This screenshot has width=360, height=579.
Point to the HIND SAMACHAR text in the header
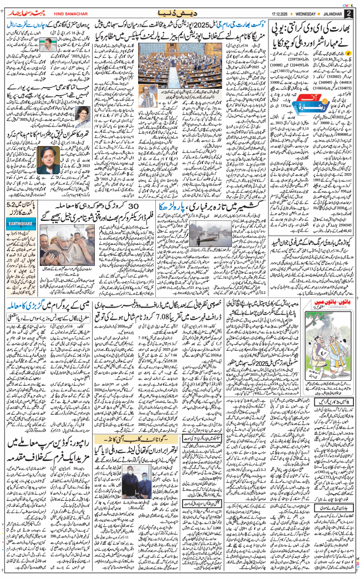pyautogui.click(x=67, y=13)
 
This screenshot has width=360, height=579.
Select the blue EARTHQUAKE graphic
pyautogui.click(x=22, y=214)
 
